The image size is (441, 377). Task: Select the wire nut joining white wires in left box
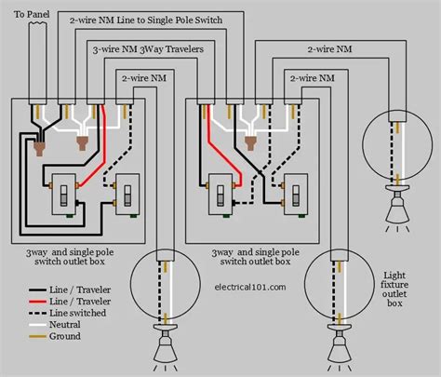point(82,143)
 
